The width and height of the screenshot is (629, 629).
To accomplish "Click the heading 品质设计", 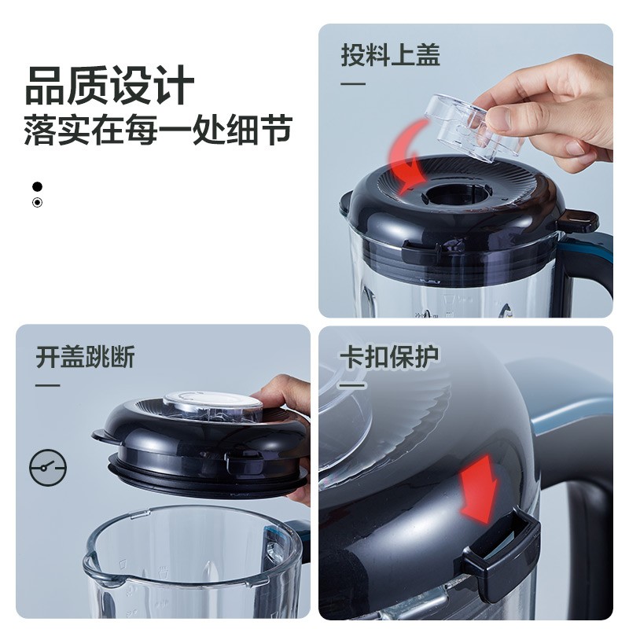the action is [x=109, y=85].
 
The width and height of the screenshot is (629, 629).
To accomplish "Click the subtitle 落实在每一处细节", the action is [x=157, y=129].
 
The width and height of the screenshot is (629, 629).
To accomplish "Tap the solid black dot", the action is [x=37, y=186].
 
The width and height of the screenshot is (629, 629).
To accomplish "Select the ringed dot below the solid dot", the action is [x=37, y=203].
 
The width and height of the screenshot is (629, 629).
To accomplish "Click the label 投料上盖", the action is [x=390, y=54].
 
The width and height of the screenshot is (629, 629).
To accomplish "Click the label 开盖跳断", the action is [x=85, y=356].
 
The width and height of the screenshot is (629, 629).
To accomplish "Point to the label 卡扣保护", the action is [x=389, y=356].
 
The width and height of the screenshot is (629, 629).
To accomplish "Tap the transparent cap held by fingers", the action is [x=473, y=127].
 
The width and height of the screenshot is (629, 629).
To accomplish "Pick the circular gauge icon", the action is [x=48, y=468].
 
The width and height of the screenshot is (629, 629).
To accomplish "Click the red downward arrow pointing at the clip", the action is [x=480, y=489].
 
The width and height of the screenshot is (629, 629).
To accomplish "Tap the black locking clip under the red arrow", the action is [x=502, y=550].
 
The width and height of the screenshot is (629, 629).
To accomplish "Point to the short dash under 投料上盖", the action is [x=353, y=84].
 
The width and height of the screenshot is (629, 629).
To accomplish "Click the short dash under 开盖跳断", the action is [x=48, y=385].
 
